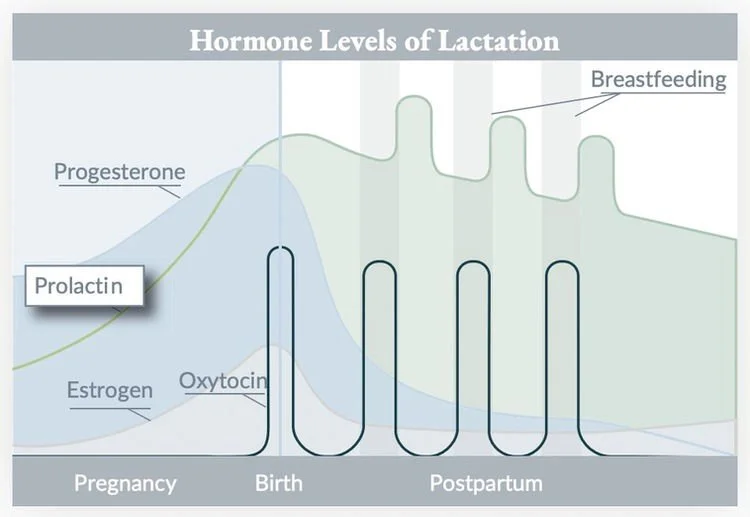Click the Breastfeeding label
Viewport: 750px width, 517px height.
pyautogui.click(x=658, y=79)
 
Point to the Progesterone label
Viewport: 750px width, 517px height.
pyautogui.click(x=119, y=171)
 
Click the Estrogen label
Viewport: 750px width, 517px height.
pyautogui.click(x=110, y=390)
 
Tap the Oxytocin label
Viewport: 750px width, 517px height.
pyautogui.click(x=224, y=380)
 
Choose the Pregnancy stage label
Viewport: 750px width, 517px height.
pyautogui.click(x=125, y=484)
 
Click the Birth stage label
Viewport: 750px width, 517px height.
pyautogui.click(x=278, y=484)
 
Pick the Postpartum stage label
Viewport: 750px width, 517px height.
pyautogui.click(x=486, y=484)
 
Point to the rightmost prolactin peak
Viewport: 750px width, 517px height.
pyautogui.click(x=596, y=137)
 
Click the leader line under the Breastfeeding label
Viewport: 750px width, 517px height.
pyautogui.click(x=540, y=101)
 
